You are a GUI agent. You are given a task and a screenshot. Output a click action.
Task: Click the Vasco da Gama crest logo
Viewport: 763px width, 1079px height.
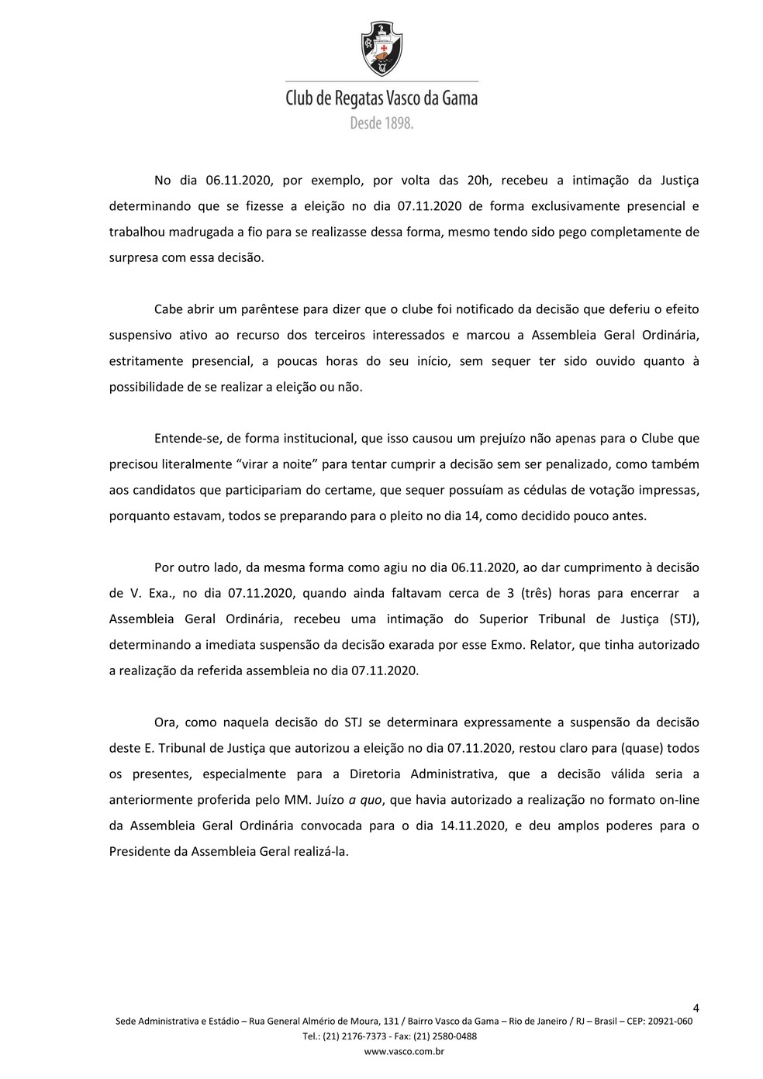tap(381, 48)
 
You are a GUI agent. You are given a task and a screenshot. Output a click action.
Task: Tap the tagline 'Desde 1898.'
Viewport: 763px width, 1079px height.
tap(381, 122)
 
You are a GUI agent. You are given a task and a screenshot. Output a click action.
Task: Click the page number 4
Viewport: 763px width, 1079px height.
tap(696, 1008)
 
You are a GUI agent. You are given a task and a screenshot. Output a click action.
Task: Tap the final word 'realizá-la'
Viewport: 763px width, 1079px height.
tap(322, 851)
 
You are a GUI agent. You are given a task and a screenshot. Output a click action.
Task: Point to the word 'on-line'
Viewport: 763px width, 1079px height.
tap(679, 800)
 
